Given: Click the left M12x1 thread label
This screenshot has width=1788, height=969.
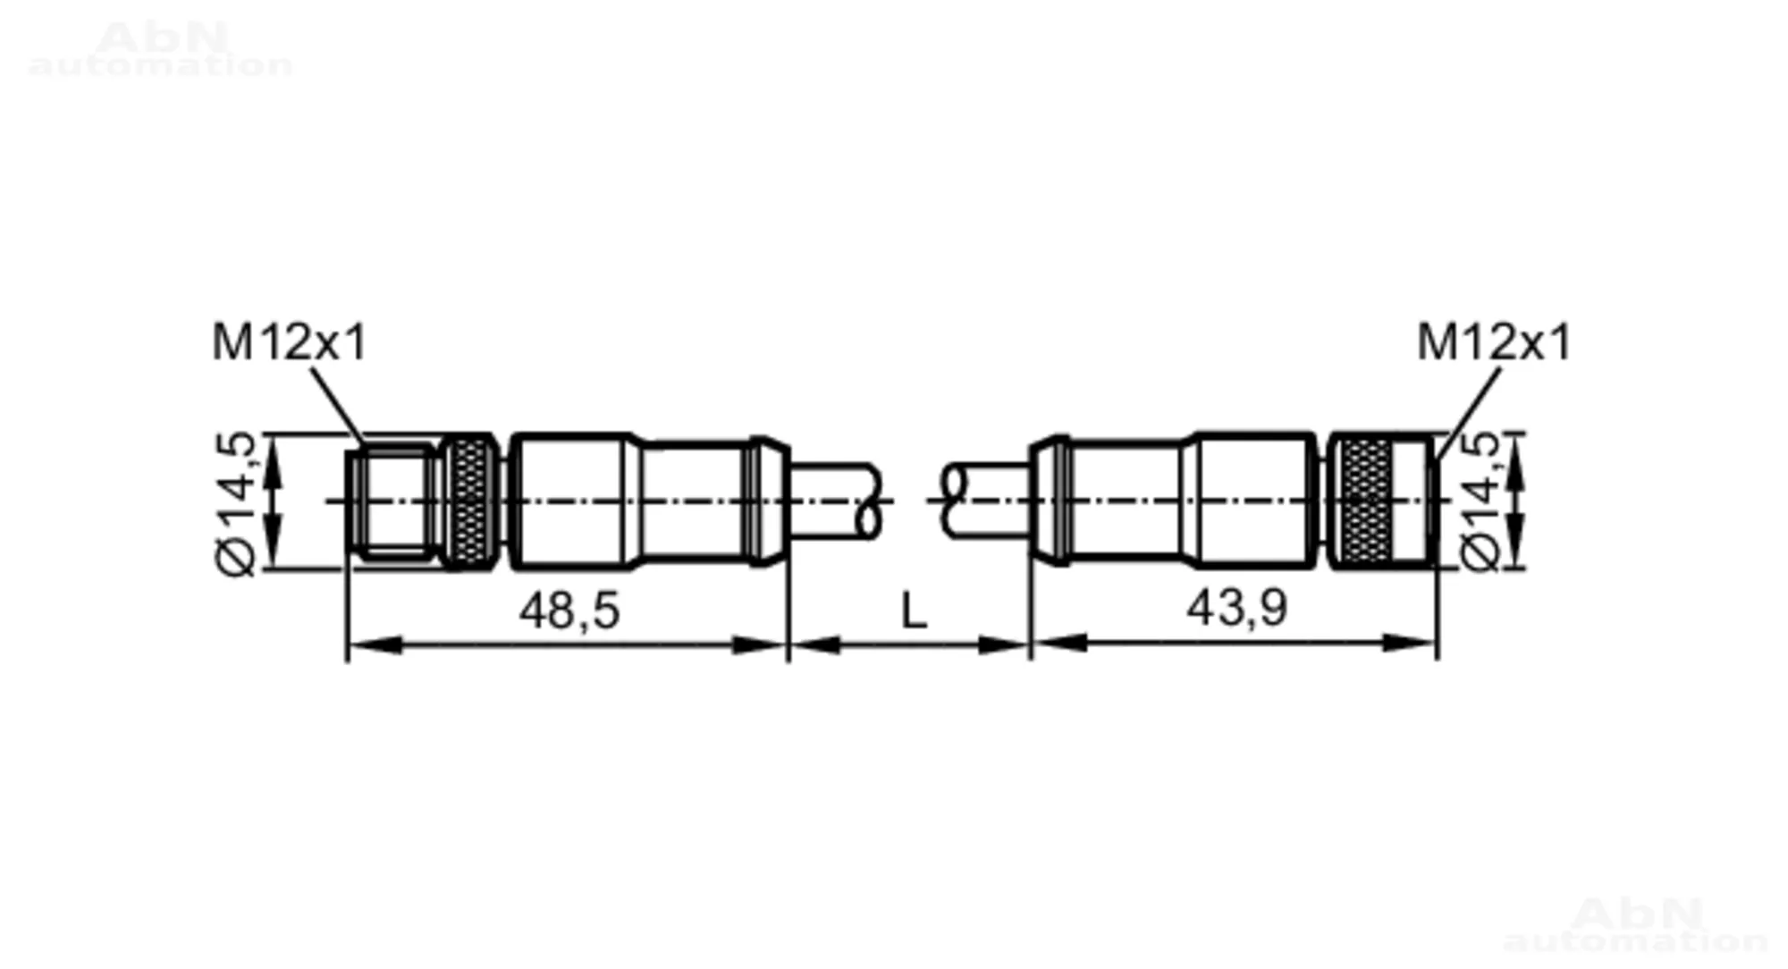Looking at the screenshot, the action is coord(289,342).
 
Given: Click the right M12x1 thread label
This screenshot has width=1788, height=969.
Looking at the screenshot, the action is coord(1494,342).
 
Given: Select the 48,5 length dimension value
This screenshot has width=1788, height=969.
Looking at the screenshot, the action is coord(569,611).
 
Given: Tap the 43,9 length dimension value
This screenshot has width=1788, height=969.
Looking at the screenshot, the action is coord(1237,608).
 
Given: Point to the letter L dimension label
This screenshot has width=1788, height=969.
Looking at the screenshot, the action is coord(913,612).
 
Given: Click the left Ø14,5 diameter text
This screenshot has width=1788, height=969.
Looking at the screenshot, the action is coord(236,503).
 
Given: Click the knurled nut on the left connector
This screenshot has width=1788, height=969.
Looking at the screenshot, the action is coord(468,501).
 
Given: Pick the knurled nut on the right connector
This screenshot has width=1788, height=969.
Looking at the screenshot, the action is coord(1360,501).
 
